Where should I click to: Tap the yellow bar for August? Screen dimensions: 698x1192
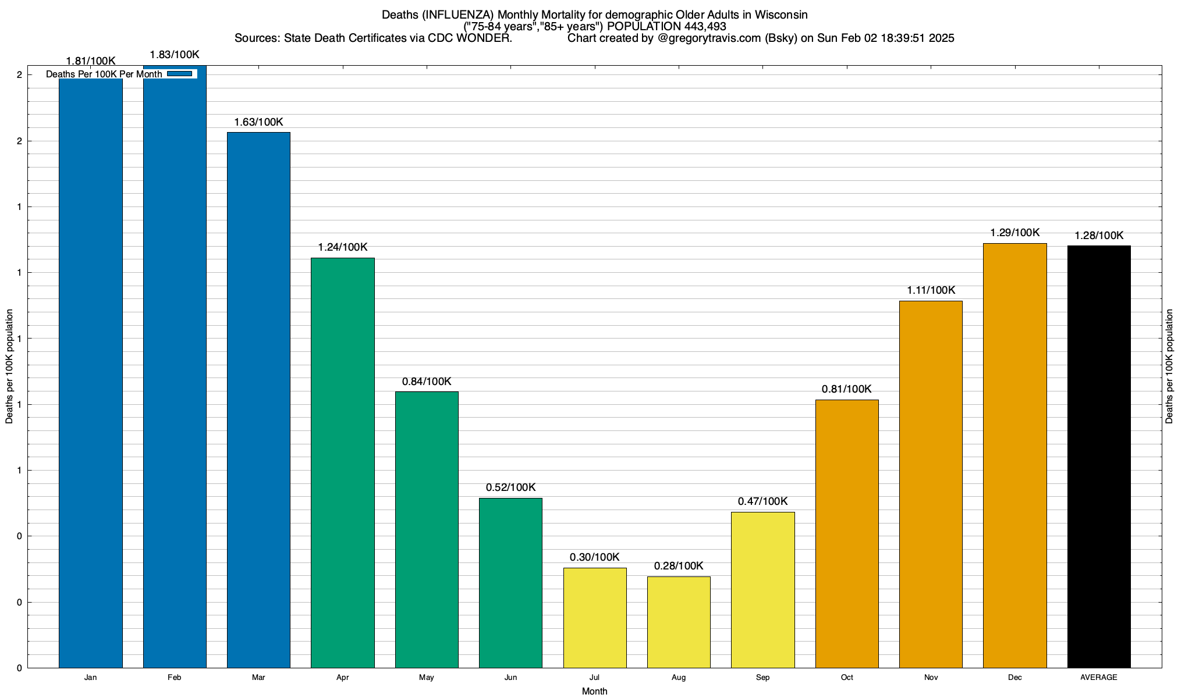point(679,622)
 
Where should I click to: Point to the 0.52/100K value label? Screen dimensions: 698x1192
point(510,487)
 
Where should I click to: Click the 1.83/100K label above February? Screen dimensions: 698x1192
point(175,55)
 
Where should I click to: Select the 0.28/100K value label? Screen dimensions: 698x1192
point(679,566)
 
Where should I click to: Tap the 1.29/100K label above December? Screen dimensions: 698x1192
point(1015,233)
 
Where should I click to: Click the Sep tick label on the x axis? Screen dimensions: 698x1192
point(762,678)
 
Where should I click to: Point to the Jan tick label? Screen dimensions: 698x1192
point(90,678)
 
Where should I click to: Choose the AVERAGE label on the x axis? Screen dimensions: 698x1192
point(1099,678)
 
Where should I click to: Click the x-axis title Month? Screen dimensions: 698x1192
point(594,691)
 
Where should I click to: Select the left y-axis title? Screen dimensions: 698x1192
point(9,366)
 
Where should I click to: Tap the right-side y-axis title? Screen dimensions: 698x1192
point(1169,366)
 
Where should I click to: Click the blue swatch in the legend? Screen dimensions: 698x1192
point(179,74)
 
